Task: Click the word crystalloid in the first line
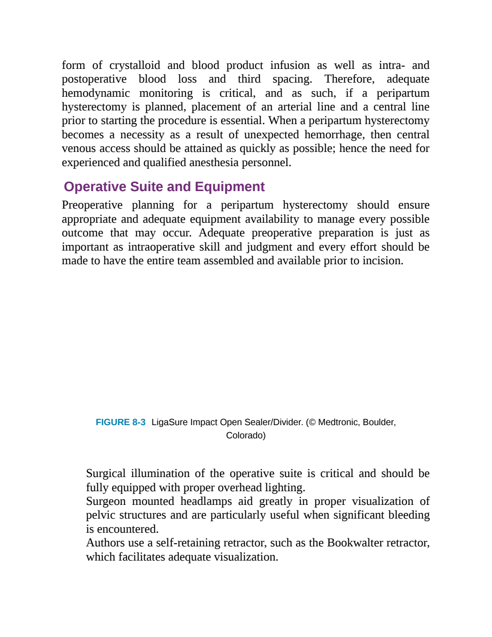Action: pos(135,66)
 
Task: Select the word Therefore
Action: pos(349,79)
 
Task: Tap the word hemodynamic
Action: pos(96,93)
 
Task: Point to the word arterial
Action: pos(294,107)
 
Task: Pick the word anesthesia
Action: pos(214,163)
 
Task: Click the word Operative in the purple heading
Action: pos(95,187)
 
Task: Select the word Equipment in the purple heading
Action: pos(230,187)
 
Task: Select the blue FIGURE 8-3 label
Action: pos(120,422)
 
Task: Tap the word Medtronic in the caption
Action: pos(339,422)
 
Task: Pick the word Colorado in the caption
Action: pos(244,436)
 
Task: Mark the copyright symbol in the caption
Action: pos(312,422)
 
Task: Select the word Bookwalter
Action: pos(355,543)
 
